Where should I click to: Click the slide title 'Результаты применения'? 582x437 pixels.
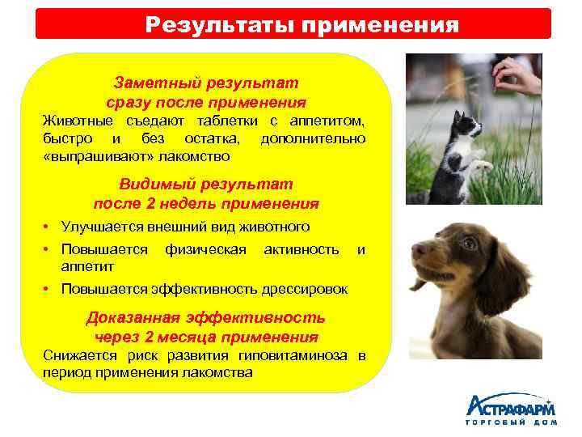(x=302, y=24)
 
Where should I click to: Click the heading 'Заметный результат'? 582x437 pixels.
(x=206, y=83)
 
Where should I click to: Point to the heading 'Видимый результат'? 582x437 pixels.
(x=206, y=184)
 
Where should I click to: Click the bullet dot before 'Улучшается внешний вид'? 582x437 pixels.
(x=49, y=227)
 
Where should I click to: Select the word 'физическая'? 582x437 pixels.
(x=205, y=249)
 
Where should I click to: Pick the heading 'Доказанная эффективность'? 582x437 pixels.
(x=206, y=317)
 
